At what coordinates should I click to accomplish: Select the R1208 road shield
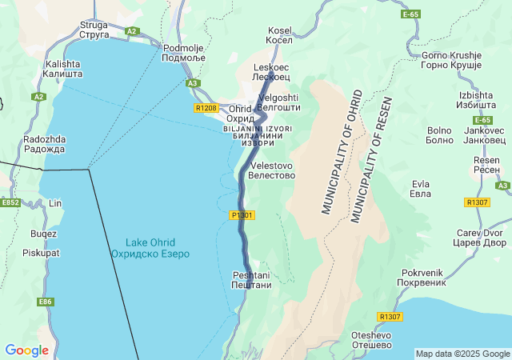tap(206, 108)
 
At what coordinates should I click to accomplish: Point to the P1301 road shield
tap(242, 215)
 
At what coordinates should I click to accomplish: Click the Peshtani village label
tap(251, 280)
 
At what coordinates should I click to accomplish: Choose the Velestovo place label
tap(272, 170)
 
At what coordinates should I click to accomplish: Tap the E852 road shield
tap(10, 203)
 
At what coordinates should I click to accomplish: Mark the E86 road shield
tap(45, 302)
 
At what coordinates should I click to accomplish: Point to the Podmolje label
tap(184, 53)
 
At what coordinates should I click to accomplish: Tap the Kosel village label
tap(280, 35)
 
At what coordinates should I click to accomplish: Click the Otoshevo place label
tap(371, 340)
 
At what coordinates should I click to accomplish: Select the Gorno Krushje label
tap(453, 61)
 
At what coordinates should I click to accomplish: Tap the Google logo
tap(27, 350)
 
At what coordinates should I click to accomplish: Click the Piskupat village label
tap(41, 253)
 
